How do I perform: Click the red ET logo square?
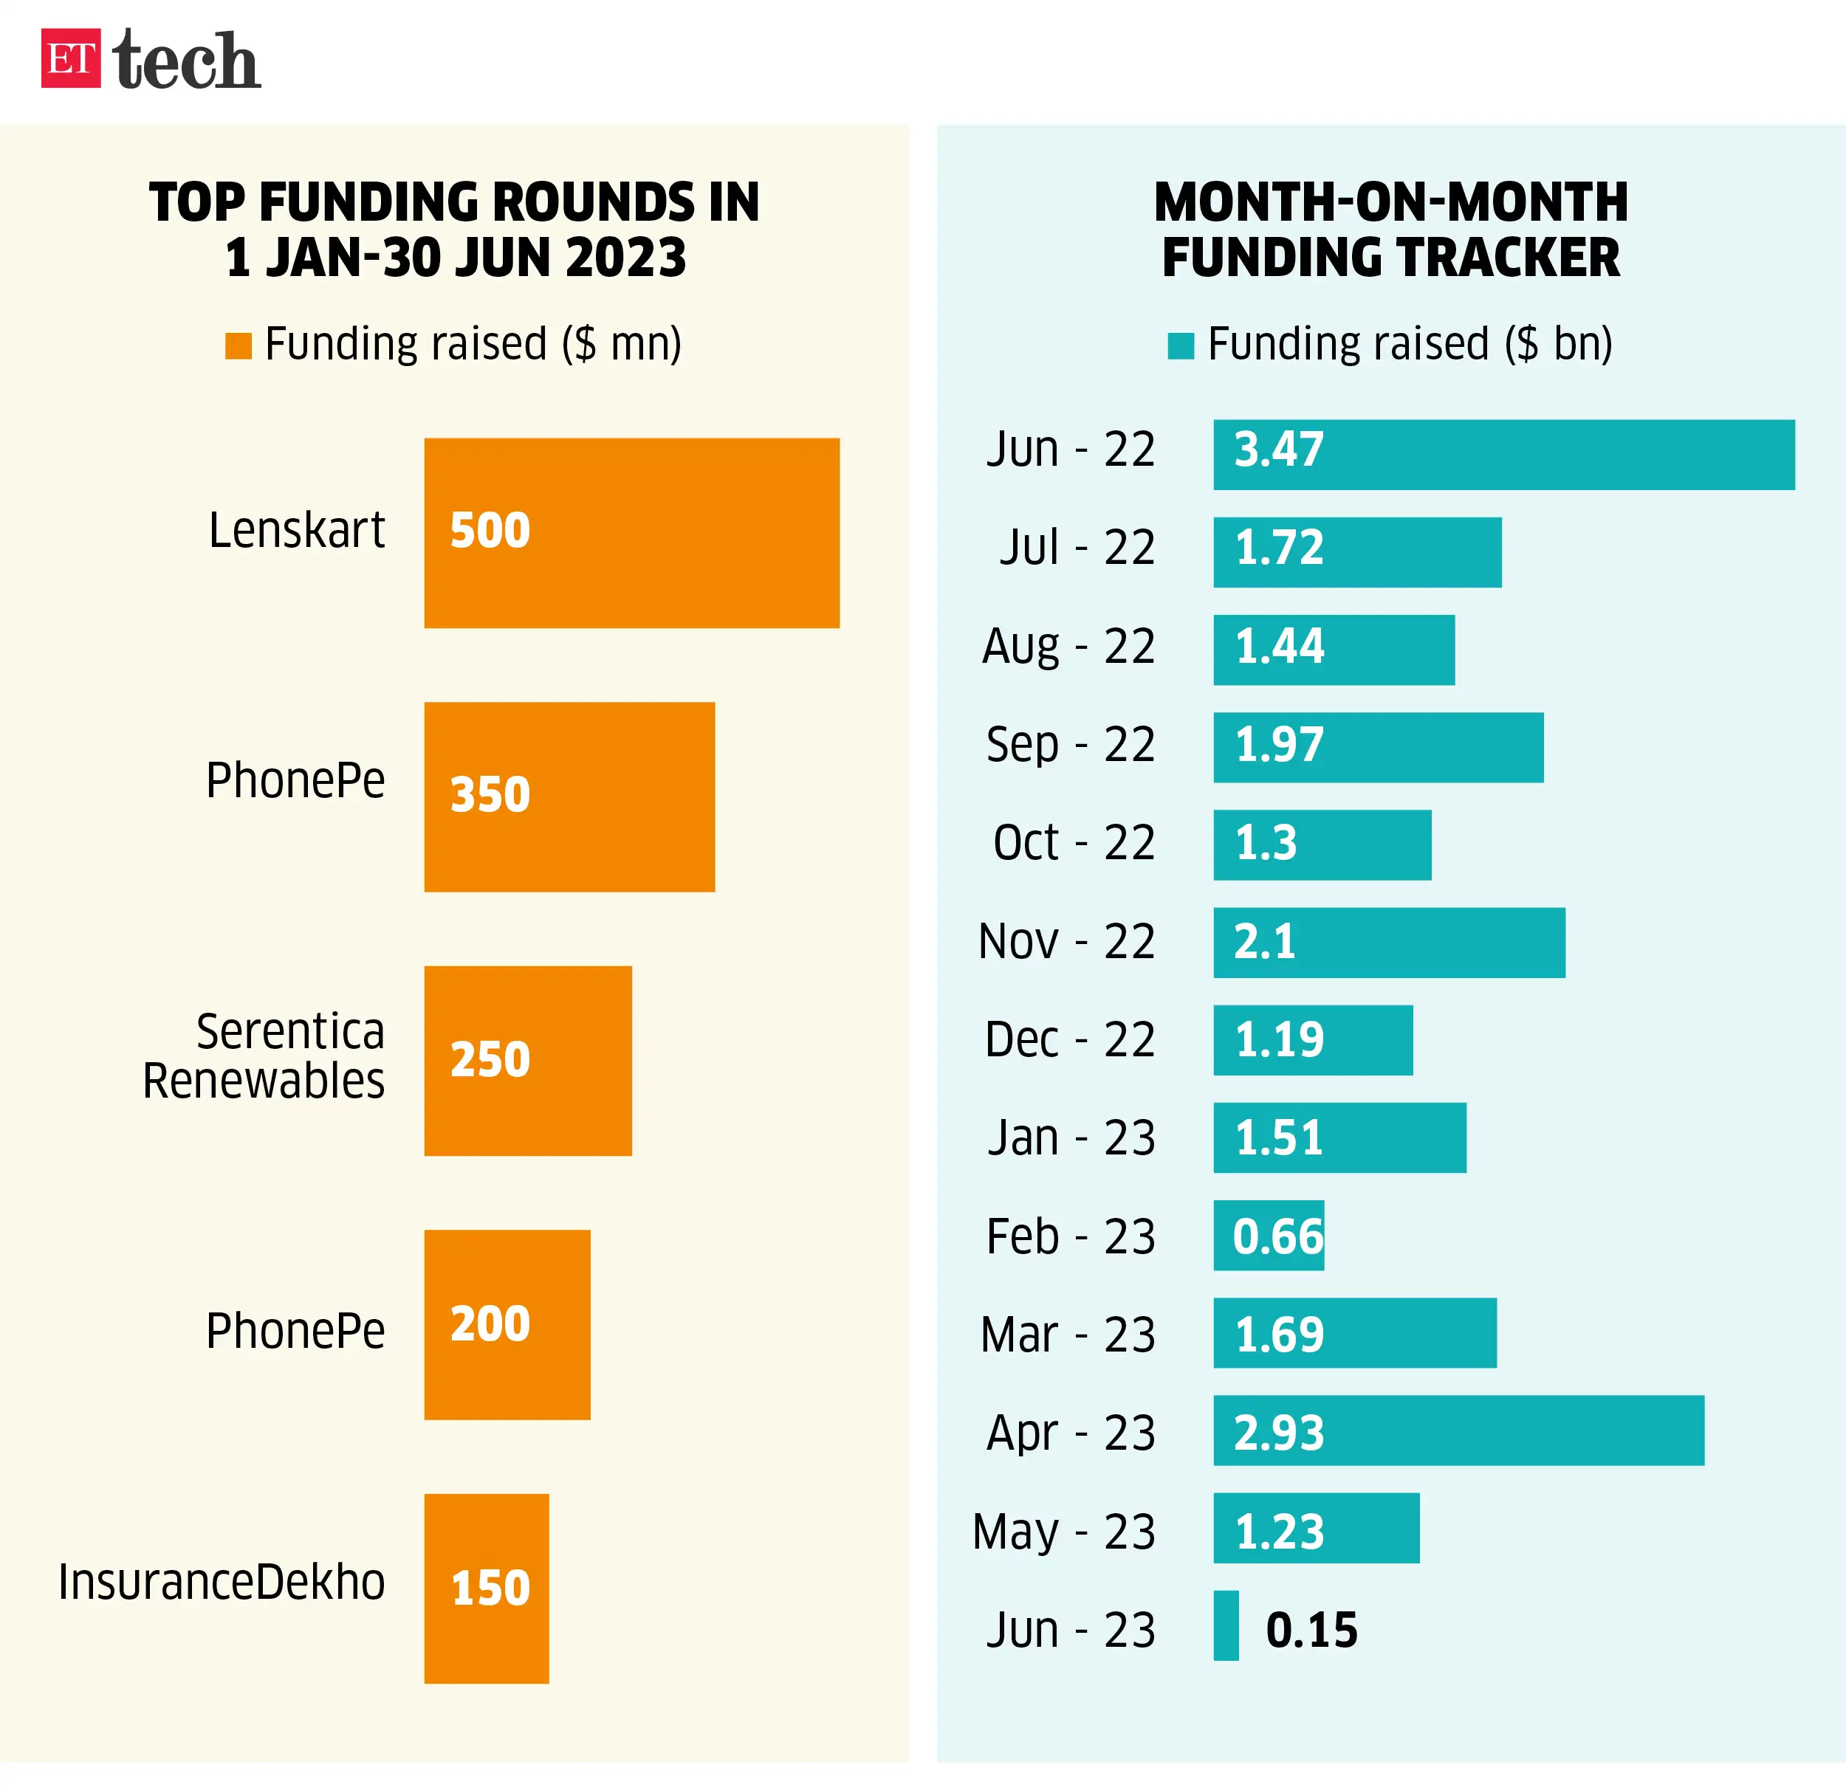pyautogui.click(x=71, y=58)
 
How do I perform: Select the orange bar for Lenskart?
pyautogui.click(x=631, y=533)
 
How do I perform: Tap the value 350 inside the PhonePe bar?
pyautogui.click(x=490, y=795)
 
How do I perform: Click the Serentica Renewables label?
pyautogui.click(x=264, y=1056)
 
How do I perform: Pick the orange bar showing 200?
pyautogui.click(x=507, y=1325)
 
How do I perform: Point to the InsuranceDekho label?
pyautogui.click(x=222, y=1582)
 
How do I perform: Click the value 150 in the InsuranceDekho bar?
pyautogui.click(x=490, y=1588)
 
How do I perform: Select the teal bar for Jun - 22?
pyautogui.click(x=1503, y=455)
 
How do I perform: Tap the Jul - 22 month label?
pyautogui.click(x=1077, y=547)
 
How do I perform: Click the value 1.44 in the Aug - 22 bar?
pyautogui.click(x=1279, y=647)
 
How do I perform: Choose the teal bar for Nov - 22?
pyautogui.click(x=1388, y=943)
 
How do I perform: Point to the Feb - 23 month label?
pyautogui.click(x=1070, y=1236)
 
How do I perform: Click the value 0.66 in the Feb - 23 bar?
pyautogui.click(x=1277, y=1236)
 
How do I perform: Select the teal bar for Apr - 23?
pyautogui.click(x=1458, y=1431)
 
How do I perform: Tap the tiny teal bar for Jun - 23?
pyautogui.click(x=1225, y=1625)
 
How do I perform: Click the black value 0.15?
pyautogui.click(x=1311, y=1630)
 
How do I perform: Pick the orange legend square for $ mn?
pyautogui.click(x=239, y=345)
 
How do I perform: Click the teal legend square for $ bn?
pyautogui.click(x=1180, y=345)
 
